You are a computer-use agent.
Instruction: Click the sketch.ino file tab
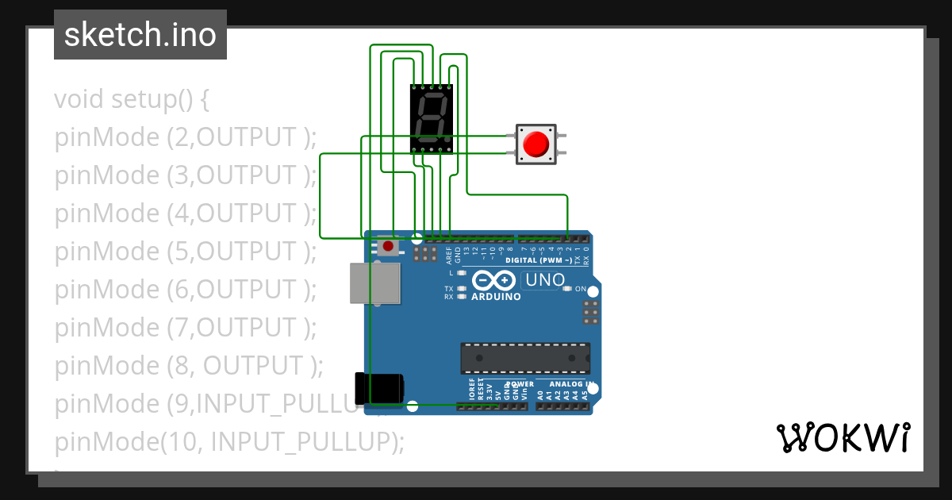140,35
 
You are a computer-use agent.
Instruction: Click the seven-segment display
432,118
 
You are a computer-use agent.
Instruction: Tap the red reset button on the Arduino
387,247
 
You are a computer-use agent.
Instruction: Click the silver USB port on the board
374,283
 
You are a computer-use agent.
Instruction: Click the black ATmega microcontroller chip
525,358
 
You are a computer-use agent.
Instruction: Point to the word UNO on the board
546,279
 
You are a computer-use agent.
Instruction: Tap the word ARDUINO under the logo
496,297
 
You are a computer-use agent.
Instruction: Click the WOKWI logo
843,437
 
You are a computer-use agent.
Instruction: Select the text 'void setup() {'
132,99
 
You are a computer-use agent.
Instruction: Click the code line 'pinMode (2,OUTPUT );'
186,137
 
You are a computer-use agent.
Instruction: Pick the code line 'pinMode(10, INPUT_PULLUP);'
229,441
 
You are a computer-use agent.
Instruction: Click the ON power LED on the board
567,289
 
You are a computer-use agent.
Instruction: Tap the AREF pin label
449,255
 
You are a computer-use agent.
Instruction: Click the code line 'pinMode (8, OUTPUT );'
189,365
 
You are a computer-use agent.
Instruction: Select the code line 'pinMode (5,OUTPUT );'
186,251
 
